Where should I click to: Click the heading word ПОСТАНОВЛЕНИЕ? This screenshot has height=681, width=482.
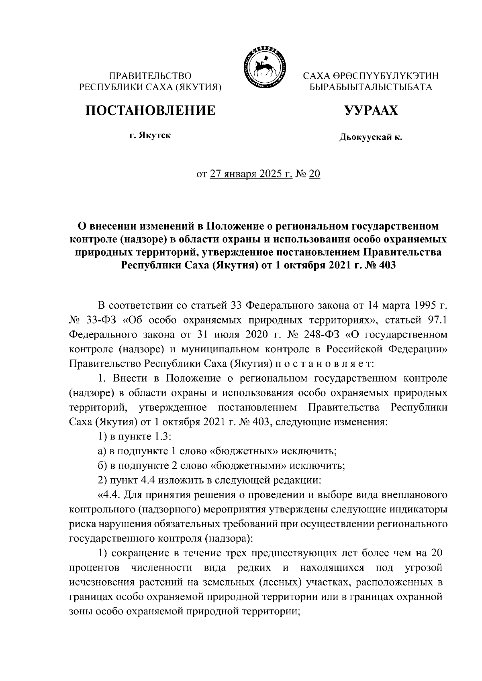point(149,110)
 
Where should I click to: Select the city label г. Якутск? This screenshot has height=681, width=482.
point(150,136)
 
